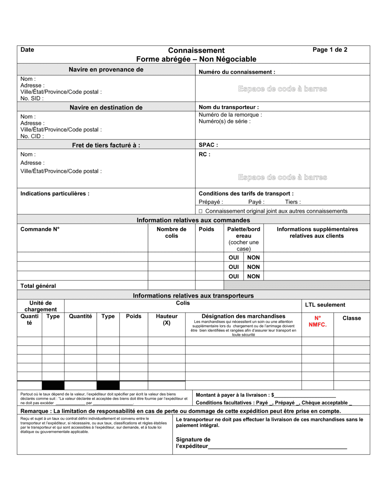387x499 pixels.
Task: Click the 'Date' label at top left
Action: point(27,50)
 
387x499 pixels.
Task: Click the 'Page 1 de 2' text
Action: point(330,50)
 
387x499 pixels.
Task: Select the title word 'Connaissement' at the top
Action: point(196,50)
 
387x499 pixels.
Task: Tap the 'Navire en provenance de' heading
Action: point(106,70)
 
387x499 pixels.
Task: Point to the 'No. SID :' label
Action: point(32,98)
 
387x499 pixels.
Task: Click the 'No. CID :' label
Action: point(32,136)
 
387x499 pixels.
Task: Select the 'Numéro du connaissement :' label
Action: point(237,72)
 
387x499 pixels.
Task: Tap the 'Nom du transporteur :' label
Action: point(229,107)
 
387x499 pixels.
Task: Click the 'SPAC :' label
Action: point(208,145)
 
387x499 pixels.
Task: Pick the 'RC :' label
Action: point(204,154)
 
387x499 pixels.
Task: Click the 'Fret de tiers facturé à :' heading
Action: point(106,145)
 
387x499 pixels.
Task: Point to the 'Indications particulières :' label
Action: point(55,193)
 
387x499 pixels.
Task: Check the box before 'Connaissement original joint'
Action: point(200,211)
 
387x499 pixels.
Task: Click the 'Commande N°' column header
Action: point(40,229)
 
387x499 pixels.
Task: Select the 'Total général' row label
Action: point(38,286)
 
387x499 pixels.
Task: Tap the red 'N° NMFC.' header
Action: point(317,321)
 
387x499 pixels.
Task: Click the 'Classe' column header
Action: point(351,318)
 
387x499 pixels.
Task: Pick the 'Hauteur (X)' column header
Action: point(166,320)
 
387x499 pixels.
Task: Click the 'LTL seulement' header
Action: point(325,305)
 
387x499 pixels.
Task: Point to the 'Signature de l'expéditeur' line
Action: point(277,446)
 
